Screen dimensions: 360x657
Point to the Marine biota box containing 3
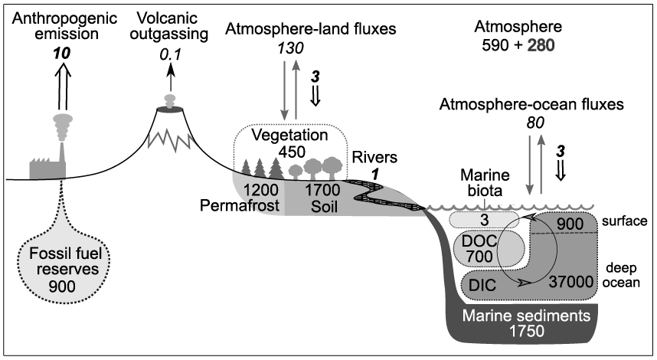click(x=483, y=220)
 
